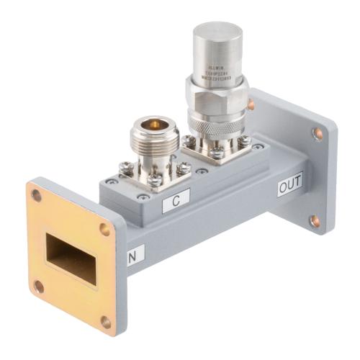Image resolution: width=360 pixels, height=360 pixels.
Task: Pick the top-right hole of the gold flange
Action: (x=105, y=229)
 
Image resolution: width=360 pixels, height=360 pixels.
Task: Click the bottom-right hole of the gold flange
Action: (x=107, y=321)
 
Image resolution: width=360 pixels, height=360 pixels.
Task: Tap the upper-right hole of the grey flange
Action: (x=318, y=133)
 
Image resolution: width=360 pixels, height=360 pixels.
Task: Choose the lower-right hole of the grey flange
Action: (x=315, y=220)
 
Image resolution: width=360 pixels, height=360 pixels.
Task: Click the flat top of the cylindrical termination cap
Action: (x=217, y=32)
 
